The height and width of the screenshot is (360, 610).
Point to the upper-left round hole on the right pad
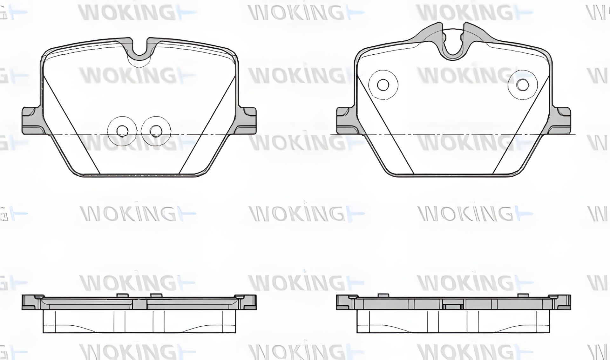[x=383, y=85]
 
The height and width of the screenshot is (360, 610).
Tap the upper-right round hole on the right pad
[x=522, y=84]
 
